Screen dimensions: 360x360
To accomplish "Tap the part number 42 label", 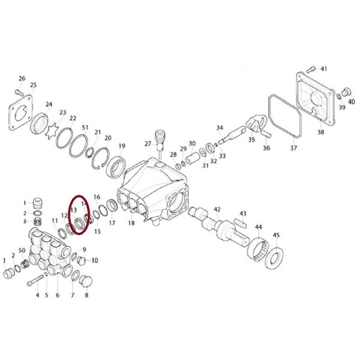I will click(x=217, y=209).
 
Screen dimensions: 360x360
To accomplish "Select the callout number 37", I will click(x=293, y=148).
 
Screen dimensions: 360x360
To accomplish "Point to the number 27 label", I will click(x=148, y=144).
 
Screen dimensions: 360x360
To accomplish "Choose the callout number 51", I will click(x=85, y=128).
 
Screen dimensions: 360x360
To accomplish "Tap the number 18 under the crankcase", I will click(x=131, y=223).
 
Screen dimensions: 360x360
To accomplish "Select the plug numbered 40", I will click(x=345, y=92).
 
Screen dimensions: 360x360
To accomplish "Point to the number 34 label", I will click(x=220, y=128).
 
